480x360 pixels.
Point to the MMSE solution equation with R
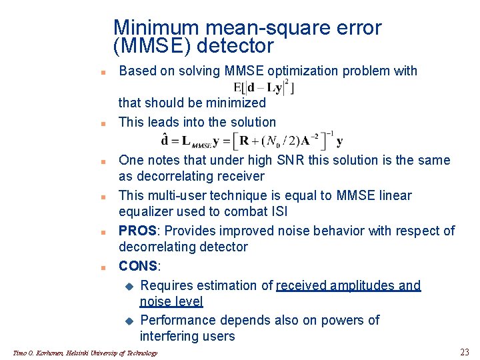point(253,139)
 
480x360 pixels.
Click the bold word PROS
point(139,231)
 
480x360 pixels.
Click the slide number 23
point(465,352)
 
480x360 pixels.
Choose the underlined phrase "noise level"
point(171,301)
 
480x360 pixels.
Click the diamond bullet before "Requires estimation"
point(129,286)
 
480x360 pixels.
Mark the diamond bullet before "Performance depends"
point(129,321)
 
